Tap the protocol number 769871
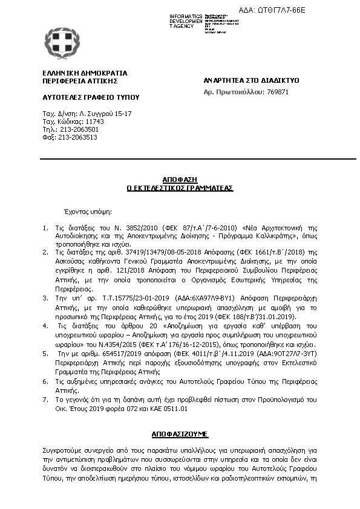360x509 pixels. pyautogui.click(x=278, y=92)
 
